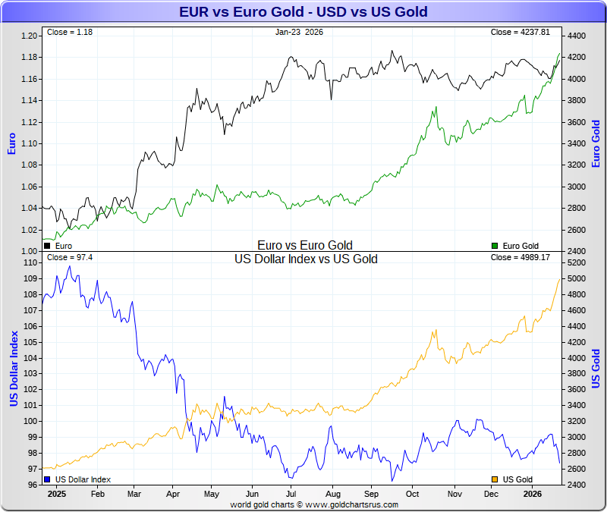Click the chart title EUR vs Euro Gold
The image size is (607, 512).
coord(303,11)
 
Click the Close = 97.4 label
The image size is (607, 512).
coord(70,257)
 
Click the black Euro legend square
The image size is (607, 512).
coord(47,246)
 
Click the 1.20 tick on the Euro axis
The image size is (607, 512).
coord(29,36)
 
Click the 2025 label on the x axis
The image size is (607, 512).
coord(57,493)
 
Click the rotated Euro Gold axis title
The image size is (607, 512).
coord(596,144)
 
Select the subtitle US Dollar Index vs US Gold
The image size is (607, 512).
coord(306,259)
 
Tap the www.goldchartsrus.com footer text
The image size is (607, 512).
coord(348,504)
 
